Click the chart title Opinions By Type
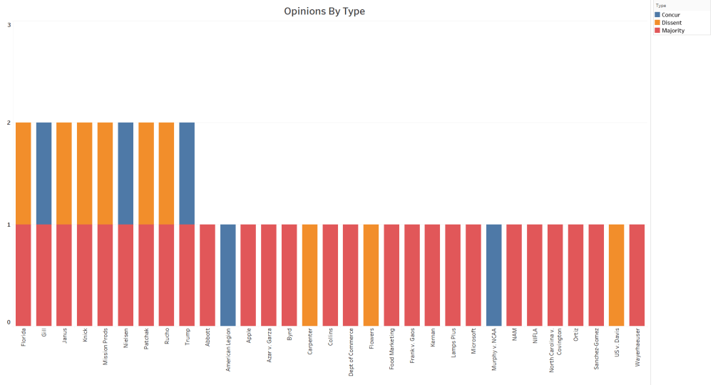(324, 11)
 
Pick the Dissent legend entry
(671, 22)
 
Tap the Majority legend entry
(672, 31)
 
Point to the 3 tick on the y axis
(9, 25)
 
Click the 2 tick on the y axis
(9, 123)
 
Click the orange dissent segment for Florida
(23, 173)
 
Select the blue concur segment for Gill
(43, 173)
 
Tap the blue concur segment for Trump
(187, 173)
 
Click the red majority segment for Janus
(64, 275)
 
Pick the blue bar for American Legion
(227, 275)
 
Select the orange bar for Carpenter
(309, 275)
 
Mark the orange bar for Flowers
(371, 275)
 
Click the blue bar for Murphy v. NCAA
(493, 275)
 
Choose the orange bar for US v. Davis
(616, 275)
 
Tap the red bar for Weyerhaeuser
(637, 275)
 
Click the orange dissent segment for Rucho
(166, 173)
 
